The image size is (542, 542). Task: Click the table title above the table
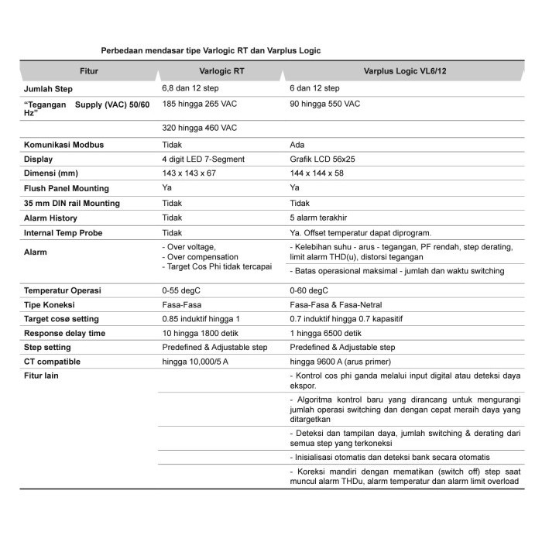(211, 50)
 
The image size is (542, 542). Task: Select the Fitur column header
(89, 71)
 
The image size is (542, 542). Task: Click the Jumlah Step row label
(50, 89)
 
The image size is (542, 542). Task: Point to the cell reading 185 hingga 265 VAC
(199, 104)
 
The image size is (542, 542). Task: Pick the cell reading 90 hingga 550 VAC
(324, 104)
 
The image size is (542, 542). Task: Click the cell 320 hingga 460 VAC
(199, 128)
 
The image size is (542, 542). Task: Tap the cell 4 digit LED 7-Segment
(203, 160)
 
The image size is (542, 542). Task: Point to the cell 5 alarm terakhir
(320, 218)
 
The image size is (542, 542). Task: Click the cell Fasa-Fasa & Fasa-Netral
(335, 305)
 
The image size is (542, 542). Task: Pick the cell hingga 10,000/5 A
(195, 362)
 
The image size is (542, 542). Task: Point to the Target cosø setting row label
(61, 319)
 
